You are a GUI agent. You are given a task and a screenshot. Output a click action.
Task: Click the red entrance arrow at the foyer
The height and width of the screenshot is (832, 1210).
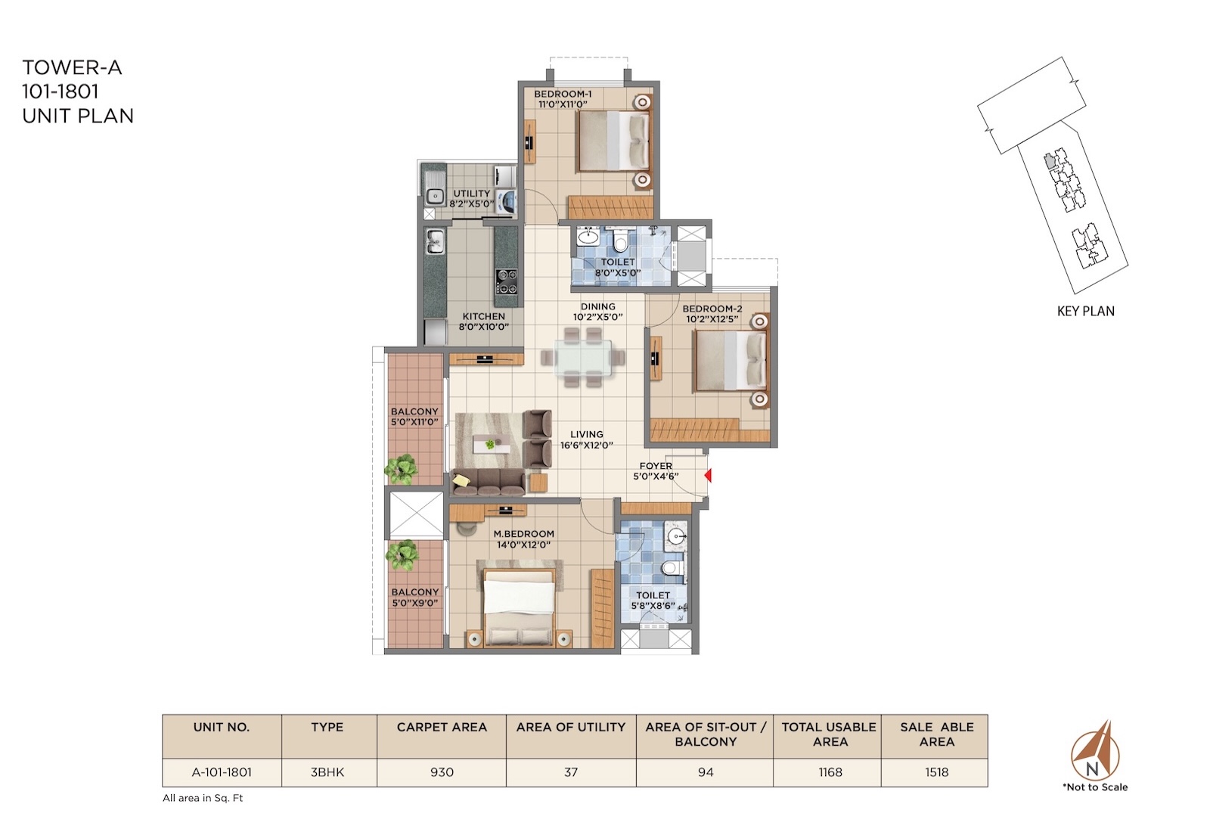pyautogui.click(x=708, y=476)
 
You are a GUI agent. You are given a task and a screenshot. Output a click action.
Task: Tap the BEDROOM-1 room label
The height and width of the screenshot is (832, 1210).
pyautogui.click(x=563, y=94)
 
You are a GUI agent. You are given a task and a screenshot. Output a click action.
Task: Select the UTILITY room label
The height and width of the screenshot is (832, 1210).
pyautogui.click(x=472, y=194)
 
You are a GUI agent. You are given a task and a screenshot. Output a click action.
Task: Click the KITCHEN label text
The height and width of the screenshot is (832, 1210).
pyautogui.click(x=483, y=317)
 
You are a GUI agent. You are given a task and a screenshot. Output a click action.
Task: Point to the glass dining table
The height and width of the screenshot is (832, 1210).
pyautogui.click(x=583, y=358)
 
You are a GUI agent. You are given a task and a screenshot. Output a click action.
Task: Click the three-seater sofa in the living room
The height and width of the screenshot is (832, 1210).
pyautogui.click(x=489, y=482)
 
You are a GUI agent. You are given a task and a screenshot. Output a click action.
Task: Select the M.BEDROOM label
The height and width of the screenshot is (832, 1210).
pyautogui.click(x=523, y=534)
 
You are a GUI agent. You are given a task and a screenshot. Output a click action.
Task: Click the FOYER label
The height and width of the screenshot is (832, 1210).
pyautogui.click(x=656, y=466)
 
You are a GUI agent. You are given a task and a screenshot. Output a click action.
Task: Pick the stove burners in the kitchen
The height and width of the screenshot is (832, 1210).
pyautogui.click(x=506, y=281)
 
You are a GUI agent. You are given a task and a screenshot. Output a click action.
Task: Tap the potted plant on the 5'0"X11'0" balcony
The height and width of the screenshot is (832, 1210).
pyautogui.click(x=401, y=469)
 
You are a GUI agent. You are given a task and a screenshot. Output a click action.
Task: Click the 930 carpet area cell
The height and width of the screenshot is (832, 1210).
pyautogui.click(x=442, y=772)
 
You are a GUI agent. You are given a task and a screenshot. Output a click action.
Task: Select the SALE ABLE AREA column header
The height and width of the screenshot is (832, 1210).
pyautogui.click(x=937, y=734)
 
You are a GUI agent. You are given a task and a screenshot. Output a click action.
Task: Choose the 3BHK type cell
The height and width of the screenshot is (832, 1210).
pyautogui.click(x=327, y=772)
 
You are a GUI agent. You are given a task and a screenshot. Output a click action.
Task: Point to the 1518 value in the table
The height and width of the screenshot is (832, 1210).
pyautogui.click(x=937, y=772)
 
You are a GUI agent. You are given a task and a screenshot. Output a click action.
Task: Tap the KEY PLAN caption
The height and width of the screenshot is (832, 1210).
pyautogui.click(x=1086, y=311)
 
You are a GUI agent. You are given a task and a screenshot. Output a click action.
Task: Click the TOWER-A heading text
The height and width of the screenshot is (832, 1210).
pyautogui.click(x=72, y=68)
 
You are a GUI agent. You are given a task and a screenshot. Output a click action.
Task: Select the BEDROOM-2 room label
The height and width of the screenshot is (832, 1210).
pyautogui.click(x=712, y=309)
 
